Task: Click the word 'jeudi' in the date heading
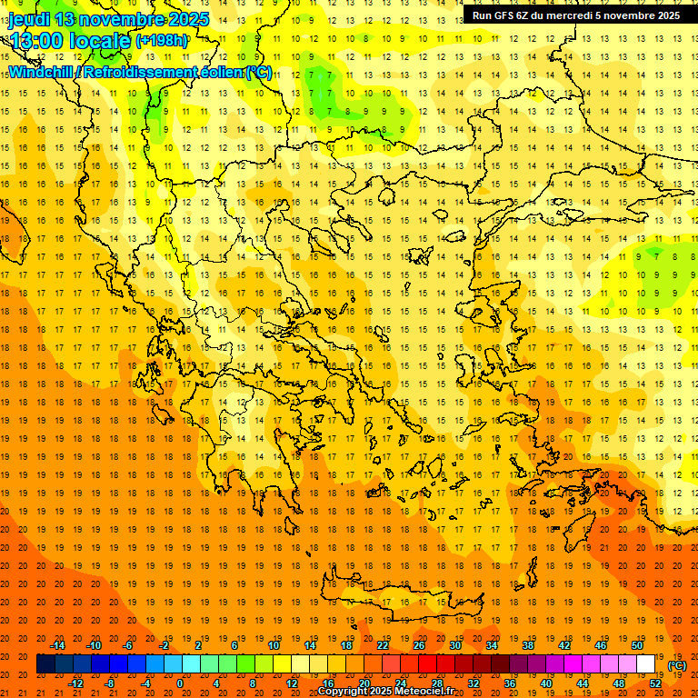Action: tap(28, 19)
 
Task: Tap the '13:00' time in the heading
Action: tap(36, 41)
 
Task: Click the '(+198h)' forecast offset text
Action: tap(162, 41)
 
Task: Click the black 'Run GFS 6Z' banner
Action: tap(575, 15)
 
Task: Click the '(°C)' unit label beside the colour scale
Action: tap(676, 664)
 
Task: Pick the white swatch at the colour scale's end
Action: tap(646, 664)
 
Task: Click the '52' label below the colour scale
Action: tap(655, 683)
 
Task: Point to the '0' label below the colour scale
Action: tap(180, 683)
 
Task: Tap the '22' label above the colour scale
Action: tap(383, 645)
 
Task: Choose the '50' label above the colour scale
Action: tap(636, 645)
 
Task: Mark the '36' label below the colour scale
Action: tap(510, 683)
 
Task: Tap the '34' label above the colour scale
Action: tap(492, 645)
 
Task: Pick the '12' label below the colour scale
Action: tap(292, 683)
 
